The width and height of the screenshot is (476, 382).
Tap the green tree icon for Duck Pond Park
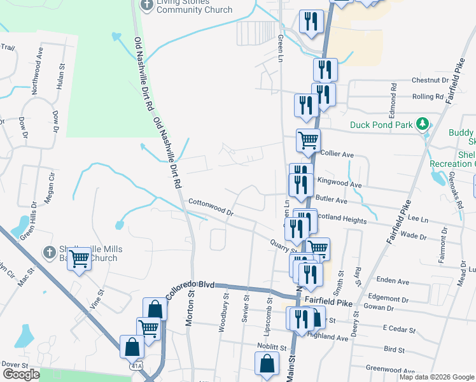coord(421,123)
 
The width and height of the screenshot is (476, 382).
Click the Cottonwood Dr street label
coord(211,208)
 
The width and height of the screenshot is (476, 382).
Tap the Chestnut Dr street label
coord(430,81)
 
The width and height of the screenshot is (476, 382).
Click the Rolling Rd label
coord(428,97)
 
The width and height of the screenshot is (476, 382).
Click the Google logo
coord(21,374)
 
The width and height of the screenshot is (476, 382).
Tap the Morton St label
coord(190,312)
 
